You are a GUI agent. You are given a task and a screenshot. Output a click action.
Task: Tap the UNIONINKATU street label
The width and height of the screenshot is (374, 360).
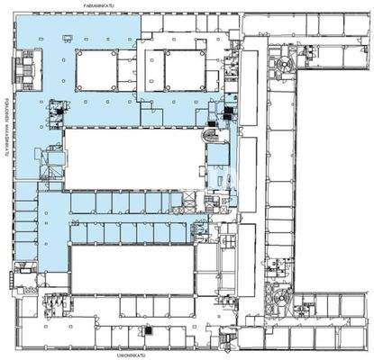131,355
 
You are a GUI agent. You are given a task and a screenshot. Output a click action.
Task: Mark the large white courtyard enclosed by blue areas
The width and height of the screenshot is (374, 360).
132,157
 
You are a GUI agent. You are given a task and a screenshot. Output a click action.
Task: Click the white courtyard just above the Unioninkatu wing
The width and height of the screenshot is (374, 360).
132,270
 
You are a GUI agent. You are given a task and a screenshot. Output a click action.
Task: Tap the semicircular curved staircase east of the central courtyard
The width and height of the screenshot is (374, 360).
214,135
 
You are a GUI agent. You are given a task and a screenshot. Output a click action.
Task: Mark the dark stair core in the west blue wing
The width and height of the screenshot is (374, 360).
59,111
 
